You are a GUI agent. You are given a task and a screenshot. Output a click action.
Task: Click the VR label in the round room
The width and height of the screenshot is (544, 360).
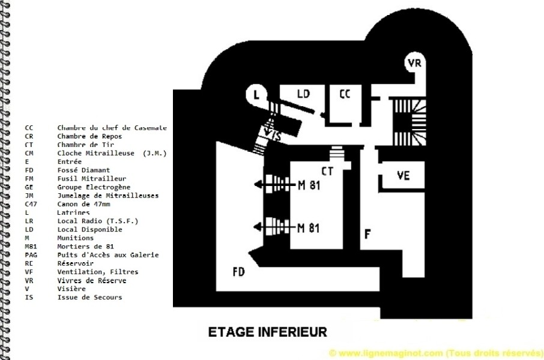[414, 63]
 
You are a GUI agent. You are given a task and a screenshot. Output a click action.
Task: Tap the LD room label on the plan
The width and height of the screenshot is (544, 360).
[303, 94]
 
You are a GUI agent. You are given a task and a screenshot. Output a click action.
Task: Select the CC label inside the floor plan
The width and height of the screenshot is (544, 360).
[345, 94]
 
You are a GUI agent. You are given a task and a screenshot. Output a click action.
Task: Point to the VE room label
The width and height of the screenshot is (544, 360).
[403, 175]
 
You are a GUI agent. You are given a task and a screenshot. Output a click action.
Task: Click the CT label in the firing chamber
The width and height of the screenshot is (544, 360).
[327, 171]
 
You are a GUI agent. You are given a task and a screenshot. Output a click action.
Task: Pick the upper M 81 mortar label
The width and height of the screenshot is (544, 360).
[309, 185]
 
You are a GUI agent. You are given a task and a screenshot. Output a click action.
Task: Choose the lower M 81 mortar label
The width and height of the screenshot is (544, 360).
[309, 228]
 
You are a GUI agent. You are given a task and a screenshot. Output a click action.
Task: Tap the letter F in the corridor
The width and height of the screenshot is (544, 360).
[367, 235]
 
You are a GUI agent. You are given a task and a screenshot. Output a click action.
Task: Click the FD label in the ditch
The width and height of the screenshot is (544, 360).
[239, 272]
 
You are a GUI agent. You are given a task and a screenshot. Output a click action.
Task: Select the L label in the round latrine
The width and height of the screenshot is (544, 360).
[256, 94]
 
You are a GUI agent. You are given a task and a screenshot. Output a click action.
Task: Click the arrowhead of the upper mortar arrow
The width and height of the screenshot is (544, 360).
[258, 185]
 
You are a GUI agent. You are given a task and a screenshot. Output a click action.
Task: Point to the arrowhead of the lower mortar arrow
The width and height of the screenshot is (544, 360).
[258, 227]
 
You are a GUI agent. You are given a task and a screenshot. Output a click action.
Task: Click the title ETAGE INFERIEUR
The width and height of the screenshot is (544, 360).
[267, 332]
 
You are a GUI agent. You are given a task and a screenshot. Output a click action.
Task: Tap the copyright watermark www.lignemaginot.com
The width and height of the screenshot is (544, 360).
[436, 353]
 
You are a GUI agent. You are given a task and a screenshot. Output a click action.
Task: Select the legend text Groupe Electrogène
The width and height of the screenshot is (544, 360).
[94, 187]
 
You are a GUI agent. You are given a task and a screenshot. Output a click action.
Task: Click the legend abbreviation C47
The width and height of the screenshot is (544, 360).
[31, 204]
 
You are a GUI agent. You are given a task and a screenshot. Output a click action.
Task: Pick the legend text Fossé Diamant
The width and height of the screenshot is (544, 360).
[83, 170]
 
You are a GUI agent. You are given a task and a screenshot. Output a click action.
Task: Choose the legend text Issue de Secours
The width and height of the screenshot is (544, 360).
[89, 297]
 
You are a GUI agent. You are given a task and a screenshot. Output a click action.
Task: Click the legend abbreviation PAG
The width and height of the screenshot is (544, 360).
[31, 255]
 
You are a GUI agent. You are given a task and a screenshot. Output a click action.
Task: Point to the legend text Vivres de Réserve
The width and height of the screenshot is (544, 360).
[92, 280]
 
